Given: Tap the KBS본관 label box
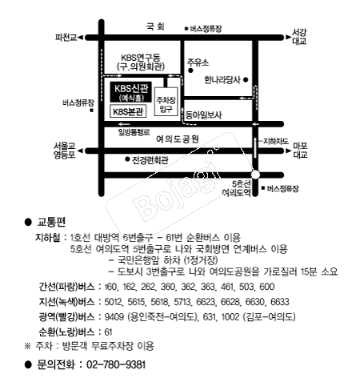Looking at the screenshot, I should pyautogui.click(x=128, y=111).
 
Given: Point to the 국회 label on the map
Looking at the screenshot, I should pyautogui.click(x=154, y=26).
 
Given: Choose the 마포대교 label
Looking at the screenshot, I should pyautogui.click(x=301, y=149).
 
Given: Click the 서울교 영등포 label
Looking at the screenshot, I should pyautogui.click(x=65, y=150).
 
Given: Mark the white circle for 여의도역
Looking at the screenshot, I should pyautogui.click(x=255, y=175).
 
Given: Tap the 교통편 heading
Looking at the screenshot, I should pyautogui.click(x=50, y=219).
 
